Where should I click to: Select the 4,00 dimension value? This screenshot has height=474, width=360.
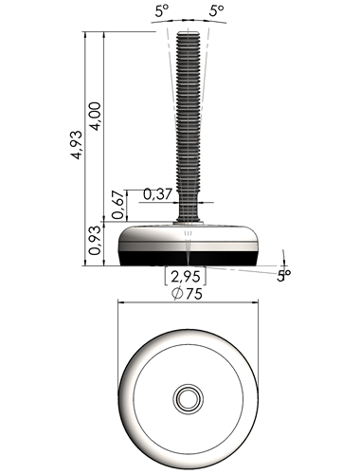[95, 116]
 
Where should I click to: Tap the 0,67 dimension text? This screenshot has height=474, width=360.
[117, 205]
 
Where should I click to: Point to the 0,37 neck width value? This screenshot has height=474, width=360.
[157, 194]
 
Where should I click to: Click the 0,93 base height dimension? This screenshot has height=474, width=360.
[95, 241]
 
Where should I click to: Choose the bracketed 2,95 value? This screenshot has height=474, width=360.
[186, 276]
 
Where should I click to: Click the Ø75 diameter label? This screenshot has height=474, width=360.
[187, 294]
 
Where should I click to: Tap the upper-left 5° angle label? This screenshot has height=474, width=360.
[163, 11]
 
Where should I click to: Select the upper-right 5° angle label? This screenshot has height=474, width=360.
[217, 11]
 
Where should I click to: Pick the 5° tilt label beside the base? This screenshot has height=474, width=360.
[283, 276]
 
